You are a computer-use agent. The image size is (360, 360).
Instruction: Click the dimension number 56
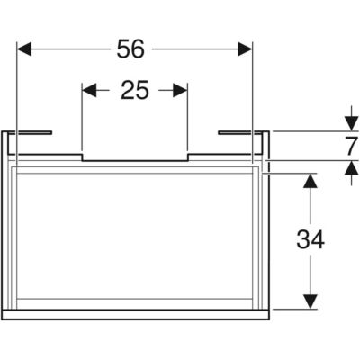tap(130, 49)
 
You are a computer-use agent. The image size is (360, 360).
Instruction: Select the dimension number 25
tap(135, 90)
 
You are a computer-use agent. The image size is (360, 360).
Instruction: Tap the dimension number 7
tap(351, 146)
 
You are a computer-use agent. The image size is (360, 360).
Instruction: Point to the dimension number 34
tap(310, 240)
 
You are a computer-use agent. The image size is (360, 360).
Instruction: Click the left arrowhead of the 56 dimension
tap(24, 49)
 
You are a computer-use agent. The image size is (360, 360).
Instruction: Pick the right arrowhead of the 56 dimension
tap(245, 49)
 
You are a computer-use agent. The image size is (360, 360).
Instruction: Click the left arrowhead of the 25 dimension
tap(89, 90)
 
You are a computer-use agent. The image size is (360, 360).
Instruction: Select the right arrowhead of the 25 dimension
tap(180, 90)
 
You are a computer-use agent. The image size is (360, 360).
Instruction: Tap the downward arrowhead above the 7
tap(351, 123)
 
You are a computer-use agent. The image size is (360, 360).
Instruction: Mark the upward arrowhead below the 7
tap(351, 168)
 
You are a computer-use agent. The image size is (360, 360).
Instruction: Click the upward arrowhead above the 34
tap(310, 181)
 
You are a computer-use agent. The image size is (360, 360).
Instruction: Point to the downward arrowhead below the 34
tap(310, 301)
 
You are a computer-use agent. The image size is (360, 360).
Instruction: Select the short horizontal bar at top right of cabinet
tap(241, 132)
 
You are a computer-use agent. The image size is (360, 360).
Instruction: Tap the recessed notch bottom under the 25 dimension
tap(135, 160)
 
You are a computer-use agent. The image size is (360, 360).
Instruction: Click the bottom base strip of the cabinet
tap(136, 314)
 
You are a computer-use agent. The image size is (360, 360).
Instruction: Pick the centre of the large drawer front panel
tap(135, 237)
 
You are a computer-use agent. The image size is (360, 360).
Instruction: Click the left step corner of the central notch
tap(82, 155)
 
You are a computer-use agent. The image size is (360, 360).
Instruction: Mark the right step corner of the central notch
tap(188, 155)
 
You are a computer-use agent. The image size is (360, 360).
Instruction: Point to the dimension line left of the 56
tap(69, 49)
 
